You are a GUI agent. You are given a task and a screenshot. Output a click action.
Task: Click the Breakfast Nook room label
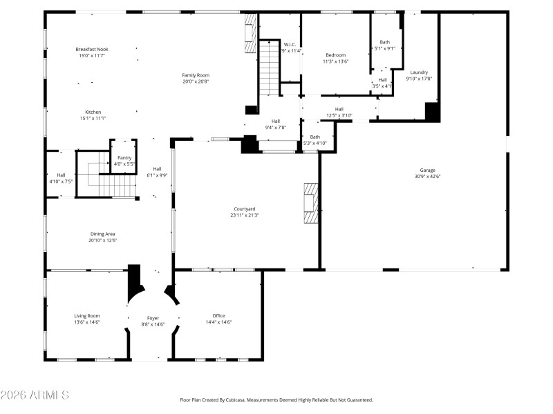click(x=92, y=49)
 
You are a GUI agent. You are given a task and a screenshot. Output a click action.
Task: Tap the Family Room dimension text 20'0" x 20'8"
click(x=196, y=81)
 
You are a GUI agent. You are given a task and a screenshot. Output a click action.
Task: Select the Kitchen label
click(x=93, y=112)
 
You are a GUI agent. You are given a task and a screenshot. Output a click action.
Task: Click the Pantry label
click(x=124, y=157)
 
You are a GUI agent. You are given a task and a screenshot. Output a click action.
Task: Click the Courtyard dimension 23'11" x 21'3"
click(x=245, y=215)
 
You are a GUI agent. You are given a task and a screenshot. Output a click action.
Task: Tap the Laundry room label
click(x=419, y=72)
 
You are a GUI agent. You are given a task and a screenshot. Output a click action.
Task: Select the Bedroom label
click(x=337, y=55)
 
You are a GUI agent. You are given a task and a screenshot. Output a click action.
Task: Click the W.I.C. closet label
click(x=291, y=44)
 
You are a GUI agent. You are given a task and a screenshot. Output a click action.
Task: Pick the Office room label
click(x=218, y=315)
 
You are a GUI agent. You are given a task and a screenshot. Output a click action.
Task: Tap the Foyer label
click(x=153, y=318)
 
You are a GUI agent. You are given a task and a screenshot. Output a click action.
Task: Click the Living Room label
click(x=87, y=315)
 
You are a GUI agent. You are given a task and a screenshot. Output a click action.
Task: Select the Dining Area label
click(x=103, y=234)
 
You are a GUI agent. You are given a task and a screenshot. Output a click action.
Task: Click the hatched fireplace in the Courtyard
click(x=311, y=203)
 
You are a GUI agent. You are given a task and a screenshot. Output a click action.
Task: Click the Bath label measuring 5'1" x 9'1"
click(x=384, y=42)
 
